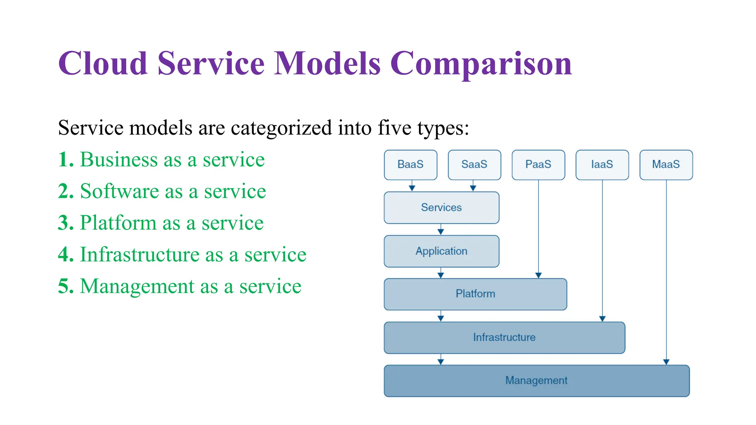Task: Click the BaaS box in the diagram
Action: (410, 165)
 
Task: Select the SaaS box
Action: (474, 165)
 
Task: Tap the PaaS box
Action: (538, 165)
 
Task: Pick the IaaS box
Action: (602, 165)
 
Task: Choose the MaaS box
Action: (666, 165)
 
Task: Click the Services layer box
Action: (441, 208)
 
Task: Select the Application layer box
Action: (441, 251)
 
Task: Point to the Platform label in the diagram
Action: (475, 294)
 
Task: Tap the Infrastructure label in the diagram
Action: (504, 338)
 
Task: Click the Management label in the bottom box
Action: (536, 381)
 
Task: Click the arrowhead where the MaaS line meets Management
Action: (666, 362)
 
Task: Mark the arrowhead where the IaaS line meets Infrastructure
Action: (602, 319)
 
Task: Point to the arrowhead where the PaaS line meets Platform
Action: (539, 275)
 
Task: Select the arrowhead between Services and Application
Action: (441, 232)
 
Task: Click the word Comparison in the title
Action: (481, 63)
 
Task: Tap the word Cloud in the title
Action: (103, 63)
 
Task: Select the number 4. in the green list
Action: (66, 255)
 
